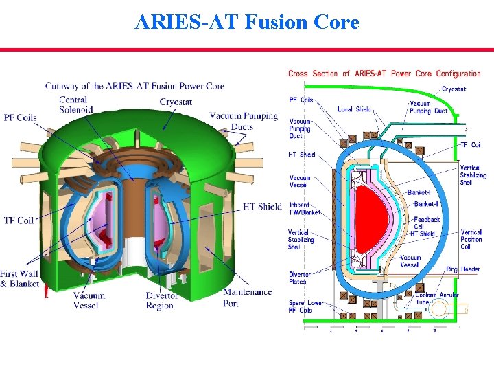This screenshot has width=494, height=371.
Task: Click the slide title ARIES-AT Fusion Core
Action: [x=247, y=23]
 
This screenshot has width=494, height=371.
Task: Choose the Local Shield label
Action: [x=354, y=109]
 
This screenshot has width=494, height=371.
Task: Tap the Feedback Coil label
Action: [x=427, y=223]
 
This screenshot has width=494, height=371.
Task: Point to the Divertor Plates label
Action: [x=299, y=278]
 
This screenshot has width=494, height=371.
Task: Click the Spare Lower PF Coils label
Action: [x=305, y=306]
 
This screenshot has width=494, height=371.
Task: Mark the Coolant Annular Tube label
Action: [x=438, y=298]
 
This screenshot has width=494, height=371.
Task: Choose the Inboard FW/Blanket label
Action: [x=305, y=209]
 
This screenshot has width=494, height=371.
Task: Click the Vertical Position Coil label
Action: [x=471, y=239]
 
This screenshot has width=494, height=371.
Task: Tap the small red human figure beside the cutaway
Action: [x=46, y=292]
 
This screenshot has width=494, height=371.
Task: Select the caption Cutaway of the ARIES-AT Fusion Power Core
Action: [x=134, y=86]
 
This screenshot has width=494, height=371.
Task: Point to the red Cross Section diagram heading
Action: [x=384, y=74]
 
